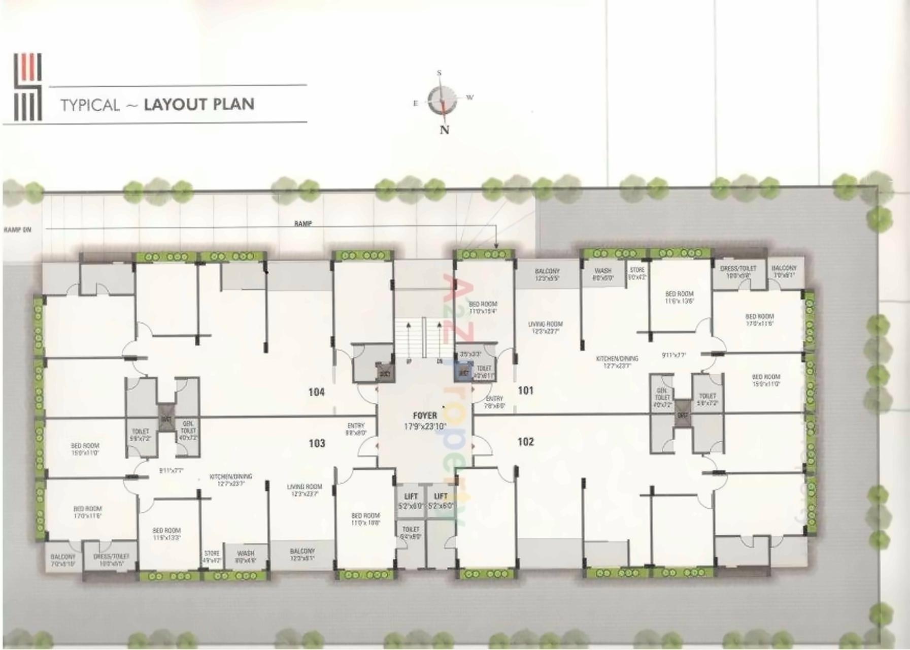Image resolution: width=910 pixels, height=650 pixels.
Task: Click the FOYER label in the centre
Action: (424, 415)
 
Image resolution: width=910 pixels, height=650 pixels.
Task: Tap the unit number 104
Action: (316, 392)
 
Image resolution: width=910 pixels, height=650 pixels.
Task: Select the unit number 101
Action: (525, 391)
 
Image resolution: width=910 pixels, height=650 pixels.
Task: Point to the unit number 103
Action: (317, 443)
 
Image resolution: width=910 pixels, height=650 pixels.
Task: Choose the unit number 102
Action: (525, 442)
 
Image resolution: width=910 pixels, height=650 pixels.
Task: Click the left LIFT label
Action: (411, 496)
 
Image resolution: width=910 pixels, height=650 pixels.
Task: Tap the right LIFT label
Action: (441, 496)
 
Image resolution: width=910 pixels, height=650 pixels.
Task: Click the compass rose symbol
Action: (442, 100)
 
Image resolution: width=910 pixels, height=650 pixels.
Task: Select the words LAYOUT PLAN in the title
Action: (199, 104)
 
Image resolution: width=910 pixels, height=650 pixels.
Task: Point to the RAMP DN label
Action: (18, 230)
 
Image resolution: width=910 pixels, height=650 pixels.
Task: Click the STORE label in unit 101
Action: (637, 270)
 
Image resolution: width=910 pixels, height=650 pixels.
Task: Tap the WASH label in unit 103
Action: (246, 553)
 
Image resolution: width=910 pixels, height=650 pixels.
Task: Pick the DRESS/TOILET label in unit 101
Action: (738, 268)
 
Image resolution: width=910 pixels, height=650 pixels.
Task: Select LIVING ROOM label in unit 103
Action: (305, 486)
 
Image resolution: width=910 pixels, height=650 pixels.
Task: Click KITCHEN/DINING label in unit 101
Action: (617, 359)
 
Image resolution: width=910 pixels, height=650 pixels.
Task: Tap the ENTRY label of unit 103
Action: (356, 426)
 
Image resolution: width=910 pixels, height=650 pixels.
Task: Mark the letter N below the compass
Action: (445, 130)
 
